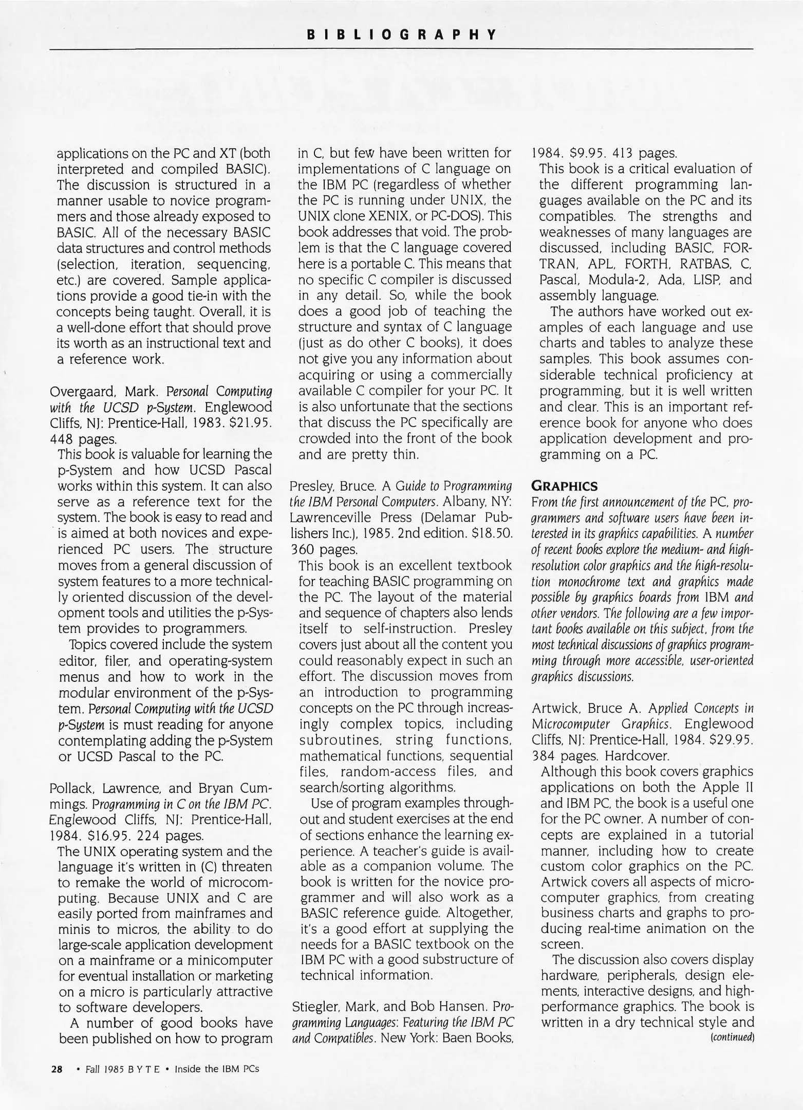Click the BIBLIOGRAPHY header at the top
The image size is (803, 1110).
point(401,35)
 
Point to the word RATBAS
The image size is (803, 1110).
point(703,264)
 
